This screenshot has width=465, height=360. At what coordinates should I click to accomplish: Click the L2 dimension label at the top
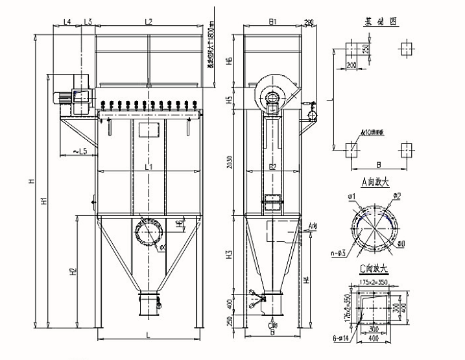click(x=149, y=21)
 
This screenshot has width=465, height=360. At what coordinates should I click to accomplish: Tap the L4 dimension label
click(x=67, y=21)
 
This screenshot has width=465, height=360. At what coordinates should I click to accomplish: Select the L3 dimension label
click(x=88, y=21)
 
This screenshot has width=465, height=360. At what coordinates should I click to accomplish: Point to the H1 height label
click(x=44, y=201)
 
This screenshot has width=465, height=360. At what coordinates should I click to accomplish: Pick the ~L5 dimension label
click(x=78, y=152)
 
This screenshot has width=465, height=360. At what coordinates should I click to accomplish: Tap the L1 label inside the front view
click(x=149, y=167)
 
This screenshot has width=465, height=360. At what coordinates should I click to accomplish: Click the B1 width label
click(x=273, y=21)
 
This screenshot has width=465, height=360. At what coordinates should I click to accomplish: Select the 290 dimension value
click(x=308, y=23)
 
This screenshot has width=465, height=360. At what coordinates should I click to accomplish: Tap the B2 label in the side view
click(x=273, y=167)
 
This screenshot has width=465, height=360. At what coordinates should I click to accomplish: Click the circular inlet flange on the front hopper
click(x=149, y=230)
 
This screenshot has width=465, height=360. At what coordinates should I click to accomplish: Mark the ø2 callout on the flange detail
click(x=398, y=195)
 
